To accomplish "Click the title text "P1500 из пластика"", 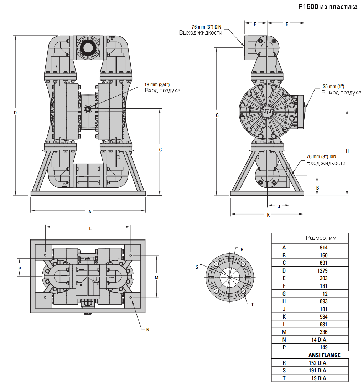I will tap(328, 7).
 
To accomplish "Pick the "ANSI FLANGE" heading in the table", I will tap(324, 355).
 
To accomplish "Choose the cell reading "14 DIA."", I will tap(319, 340).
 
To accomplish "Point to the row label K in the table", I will tap(284, 317).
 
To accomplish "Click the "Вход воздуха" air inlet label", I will tap(162, 91).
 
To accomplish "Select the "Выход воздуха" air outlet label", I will tap(341, 93).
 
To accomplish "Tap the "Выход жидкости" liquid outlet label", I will tap(201, 33).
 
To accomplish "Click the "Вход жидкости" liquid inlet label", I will tap(326, 163).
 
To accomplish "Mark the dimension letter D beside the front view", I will tap(15, 113).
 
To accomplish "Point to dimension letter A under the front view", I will tap(90, 212).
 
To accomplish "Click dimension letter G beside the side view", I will tap(217, 115).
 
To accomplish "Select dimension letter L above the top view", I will tap(90, 228).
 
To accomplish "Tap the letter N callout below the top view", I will tap(148, 330).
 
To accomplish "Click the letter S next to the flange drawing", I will tap(197, 267).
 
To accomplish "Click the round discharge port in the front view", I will tap(88, 47).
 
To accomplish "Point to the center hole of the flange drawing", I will tap(230, 277).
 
